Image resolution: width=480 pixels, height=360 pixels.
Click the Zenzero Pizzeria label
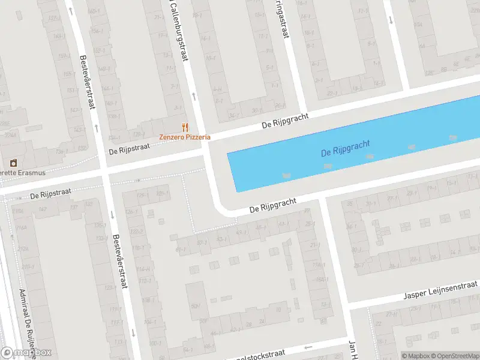(x=185, y=137)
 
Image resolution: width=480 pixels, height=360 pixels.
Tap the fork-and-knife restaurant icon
(x=185, y=127)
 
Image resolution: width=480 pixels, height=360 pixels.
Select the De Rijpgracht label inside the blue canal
(x=346, y=148)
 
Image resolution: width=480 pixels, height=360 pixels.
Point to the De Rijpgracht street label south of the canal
(x=273, y=205)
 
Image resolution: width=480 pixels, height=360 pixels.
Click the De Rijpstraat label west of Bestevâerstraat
(x=50, y=193)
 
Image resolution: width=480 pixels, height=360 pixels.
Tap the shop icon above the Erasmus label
(x=13, y=163)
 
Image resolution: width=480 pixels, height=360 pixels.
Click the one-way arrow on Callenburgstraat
(x=193, y=95)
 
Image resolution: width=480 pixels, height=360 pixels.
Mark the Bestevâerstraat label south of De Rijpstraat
(x=121, y=262)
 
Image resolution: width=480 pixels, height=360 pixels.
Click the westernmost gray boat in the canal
(x=286, y=175)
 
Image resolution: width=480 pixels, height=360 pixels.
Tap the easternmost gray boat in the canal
(x=453, y=139)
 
